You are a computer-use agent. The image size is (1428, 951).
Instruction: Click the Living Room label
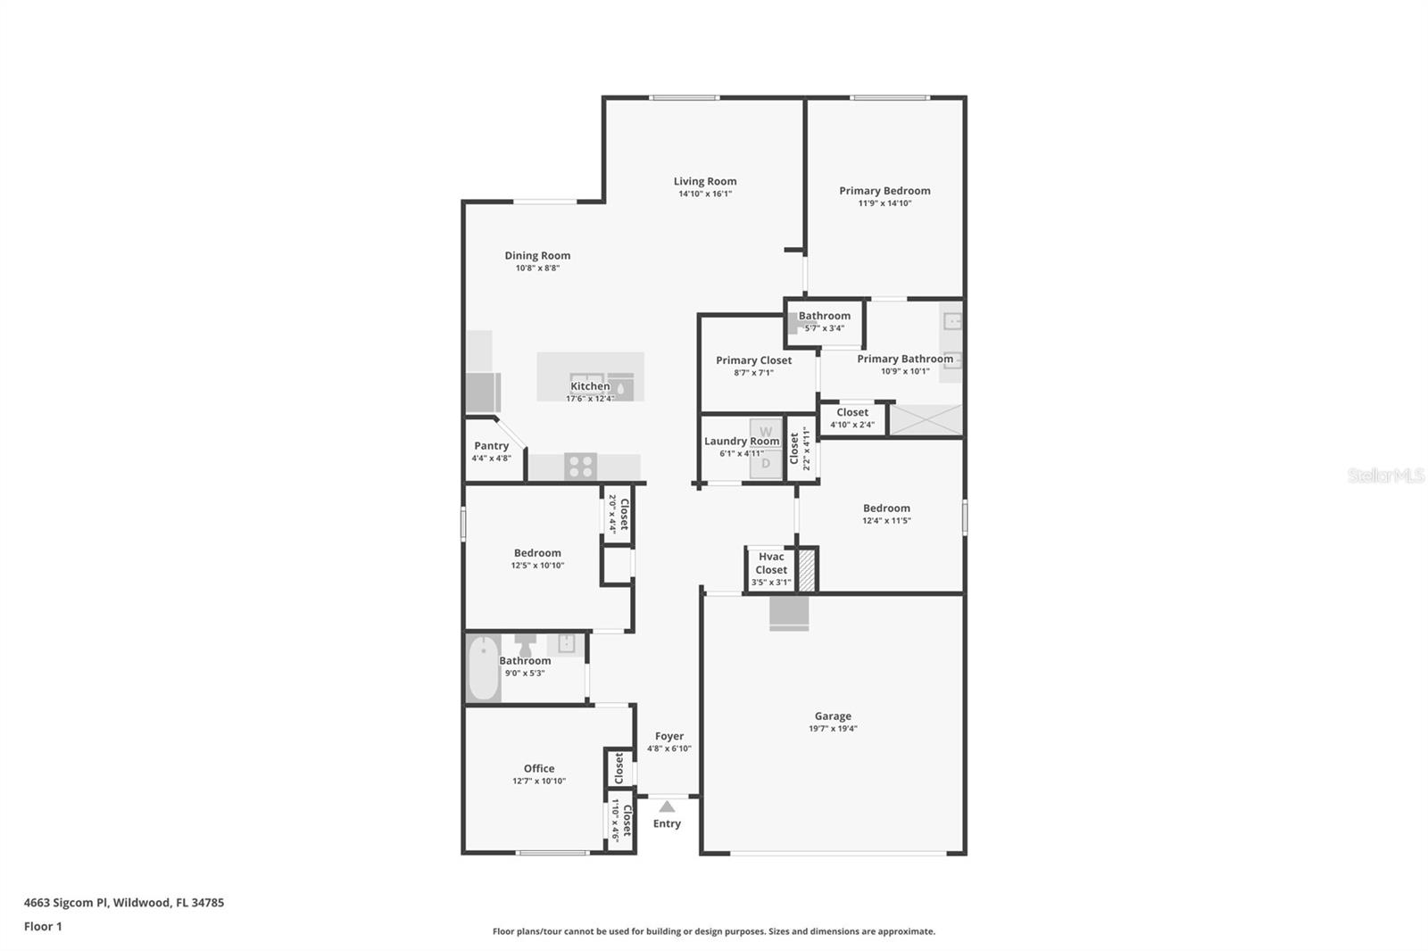705,181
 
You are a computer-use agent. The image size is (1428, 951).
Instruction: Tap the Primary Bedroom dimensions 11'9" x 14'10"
884,203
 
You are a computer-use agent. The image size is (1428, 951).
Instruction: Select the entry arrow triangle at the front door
667,806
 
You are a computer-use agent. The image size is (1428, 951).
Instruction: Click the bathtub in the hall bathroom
483,668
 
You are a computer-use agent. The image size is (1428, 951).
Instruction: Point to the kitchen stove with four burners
580,467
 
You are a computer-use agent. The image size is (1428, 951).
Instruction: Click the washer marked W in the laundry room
766,433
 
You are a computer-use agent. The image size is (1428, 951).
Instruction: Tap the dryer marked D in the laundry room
766,463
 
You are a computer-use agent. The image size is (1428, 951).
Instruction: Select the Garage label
833,715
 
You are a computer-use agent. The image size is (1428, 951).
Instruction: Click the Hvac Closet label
771,563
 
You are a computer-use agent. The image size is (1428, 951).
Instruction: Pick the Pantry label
491,445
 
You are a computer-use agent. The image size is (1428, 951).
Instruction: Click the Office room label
538,768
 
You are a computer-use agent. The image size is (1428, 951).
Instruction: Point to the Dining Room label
537,255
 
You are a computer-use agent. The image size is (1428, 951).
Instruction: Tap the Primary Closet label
753,360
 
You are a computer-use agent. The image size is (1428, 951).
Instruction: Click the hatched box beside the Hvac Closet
807,570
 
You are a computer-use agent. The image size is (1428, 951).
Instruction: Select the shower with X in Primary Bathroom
926,420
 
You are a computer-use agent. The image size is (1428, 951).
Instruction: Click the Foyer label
669,736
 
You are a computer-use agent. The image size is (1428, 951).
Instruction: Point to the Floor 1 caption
43,926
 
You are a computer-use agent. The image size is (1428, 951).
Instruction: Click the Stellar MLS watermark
1385,475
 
